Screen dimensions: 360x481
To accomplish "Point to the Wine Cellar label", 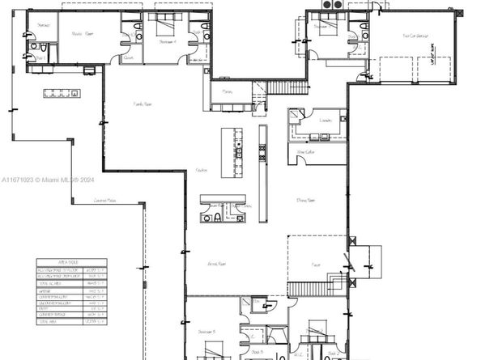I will coord(305,151).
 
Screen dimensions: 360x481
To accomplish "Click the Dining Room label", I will coord(305,200).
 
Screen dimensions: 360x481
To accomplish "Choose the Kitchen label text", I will coord(202,171).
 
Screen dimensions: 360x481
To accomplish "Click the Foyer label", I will coord(315,265).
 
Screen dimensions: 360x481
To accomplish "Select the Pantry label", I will coord(228,92).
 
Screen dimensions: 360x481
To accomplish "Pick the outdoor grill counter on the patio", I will coord(62,92).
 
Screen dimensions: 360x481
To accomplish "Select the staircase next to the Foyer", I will coord(312,288).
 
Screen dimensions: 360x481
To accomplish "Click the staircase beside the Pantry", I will coord(288,87).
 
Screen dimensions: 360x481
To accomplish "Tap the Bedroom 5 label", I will coord(206,332).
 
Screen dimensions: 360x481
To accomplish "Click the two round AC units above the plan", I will coord(331,6).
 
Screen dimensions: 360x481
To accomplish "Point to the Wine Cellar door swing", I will coord(304,159).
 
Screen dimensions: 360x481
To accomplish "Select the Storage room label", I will coord(44,25).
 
